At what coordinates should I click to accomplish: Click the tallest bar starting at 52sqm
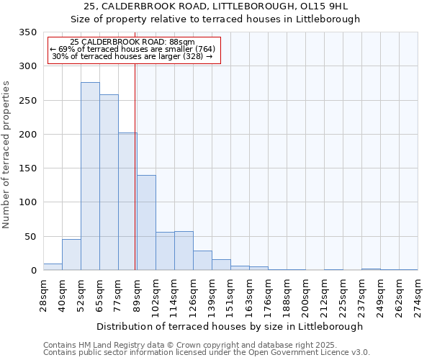click(90, 176)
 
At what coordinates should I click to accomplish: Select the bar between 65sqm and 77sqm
click(109, 183)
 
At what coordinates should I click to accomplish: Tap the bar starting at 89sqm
click(146, 222)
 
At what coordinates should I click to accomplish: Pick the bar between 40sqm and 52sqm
click(71, 255)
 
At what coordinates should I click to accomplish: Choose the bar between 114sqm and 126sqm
click(184, 251)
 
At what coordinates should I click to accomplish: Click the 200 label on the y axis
click(29, 135)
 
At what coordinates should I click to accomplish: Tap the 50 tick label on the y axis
click(31, 237)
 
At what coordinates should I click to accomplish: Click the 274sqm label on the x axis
click(418, 296)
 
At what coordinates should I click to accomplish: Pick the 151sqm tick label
click(230, 296)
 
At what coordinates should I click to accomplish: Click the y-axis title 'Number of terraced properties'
click(7, 155)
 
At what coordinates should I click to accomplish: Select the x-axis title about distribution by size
click(230, 326)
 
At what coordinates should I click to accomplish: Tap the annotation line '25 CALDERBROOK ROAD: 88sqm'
click(132, 42)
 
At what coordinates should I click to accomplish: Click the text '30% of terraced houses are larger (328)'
click(132, 56)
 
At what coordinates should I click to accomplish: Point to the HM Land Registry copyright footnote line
click(206, 345)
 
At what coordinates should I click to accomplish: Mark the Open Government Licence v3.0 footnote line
click(206, 353)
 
